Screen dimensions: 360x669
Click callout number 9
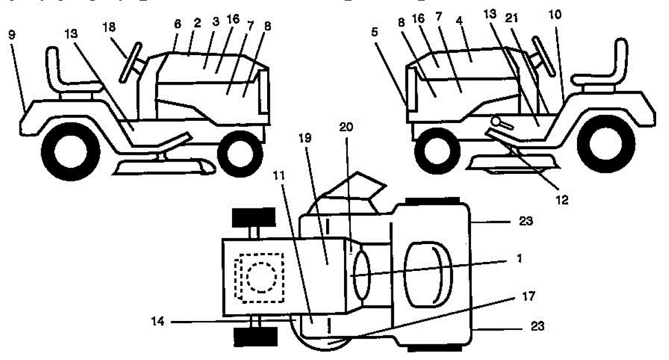point(12,35)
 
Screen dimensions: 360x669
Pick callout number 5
point(375,32)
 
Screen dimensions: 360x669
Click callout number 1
point(520,259)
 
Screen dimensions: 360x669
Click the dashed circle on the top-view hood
point(260,275)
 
